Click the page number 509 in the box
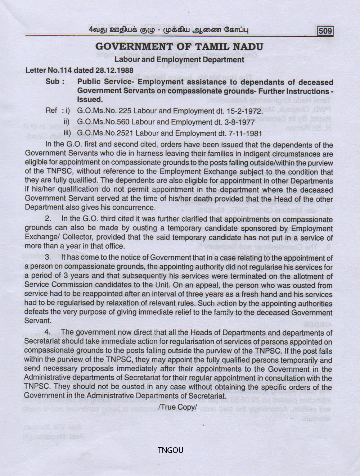325,31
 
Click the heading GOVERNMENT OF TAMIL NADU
179,47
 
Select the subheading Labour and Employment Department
179,59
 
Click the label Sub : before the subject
55,82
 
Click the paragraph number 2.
48,219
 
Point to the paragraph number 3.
48,258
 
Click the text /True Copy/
178,407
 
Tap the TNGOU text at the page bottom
170,450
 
